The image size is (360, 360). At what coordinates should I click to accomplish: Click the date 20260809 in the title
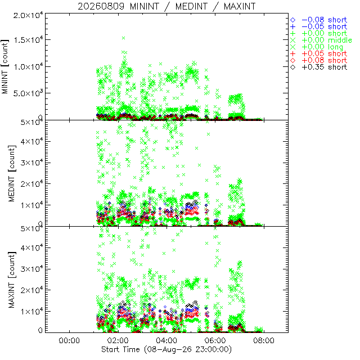101,6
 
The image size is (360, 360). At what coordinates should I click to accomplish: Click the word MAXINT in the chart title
240,6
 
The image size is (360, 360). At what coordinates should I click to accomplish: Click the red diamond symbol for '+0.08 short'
292,60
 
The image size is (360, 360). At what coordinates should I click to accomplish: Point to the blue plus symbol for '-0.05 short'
292,27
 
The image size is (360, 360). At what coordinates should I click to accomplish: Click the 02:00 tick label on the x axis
118,340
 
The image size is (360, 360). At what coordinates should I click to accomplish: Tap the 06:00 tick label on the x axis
215,340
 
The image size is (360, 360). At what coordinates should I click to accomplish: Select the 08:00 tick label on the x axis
264,340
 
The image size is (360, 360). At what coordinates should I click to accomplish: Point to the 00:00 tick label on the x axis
69,340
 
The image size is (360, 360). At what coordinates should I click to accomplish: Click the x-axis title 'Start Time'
120,349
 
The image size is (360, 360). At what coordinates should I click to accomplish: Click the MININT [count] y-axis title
5,66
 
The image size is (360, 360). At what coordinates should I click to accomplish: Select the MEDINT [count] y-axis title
12,173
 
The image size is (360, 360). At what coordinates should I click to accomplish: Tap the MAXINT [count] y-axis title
12,280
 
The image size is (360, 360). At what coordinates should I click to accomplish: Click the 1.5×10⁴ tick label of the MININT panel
28,39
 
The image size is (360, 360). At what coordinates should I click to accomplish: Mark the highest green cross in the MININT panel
124,38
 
